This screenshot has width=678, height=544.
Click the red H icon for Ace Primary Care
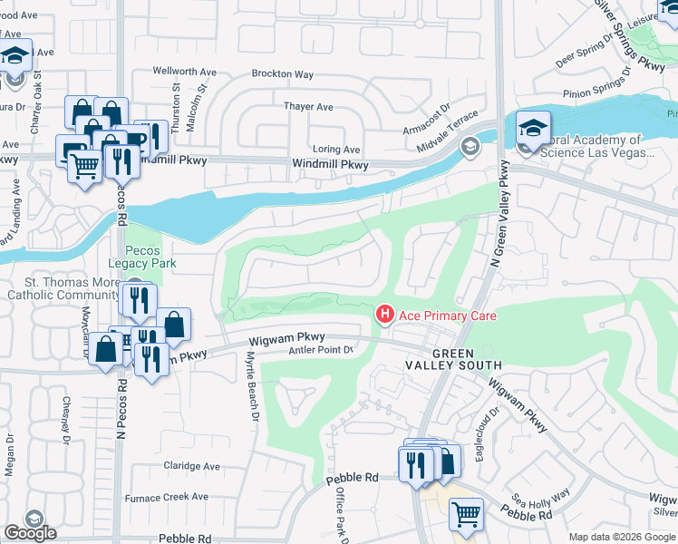point(384,315)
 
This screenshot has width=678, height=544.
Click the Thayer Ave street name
point(309,106)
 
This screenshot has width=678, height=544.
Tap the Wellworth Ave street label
point(184,70)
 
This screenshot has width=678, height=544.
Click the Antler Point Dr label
point(319,351)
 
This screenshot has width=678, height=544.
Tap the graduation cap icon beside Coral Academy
point(534,127)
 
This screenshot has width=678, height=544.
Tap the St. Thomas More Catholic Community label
point(63,287)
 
